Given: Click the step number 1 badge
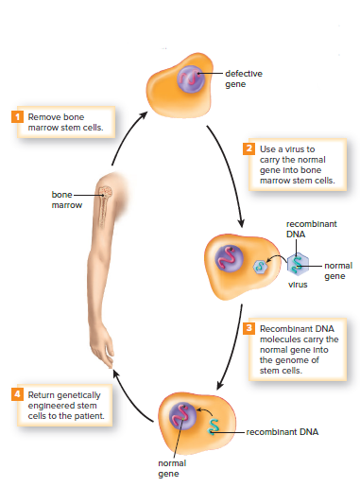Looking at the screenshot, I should click(15, 116).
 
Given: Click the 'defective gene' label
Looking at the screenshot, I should click(244, 78).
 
